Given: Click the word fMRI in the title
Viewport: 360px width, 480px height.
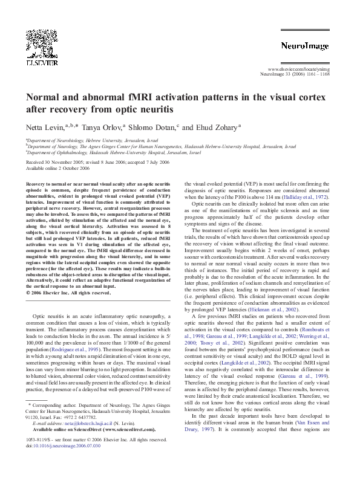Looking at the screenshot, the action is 140,98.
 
